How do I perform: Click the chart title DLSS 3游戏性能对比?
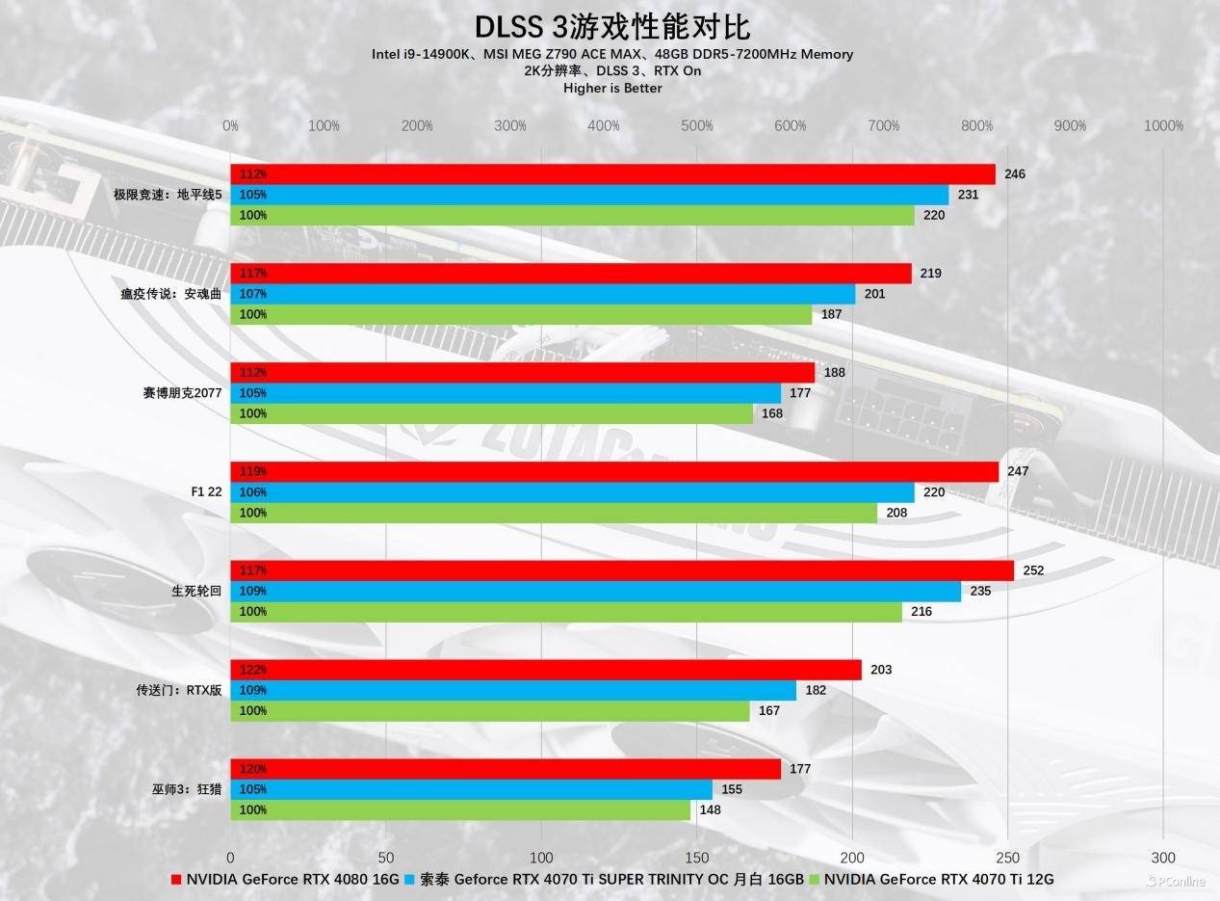point(611,26)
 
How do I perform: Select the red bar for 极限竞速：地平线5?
point(612,174)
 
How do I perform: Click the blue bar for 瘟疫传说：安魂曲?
point(542,294)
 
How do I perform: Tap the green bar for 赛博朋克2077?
point(491,413)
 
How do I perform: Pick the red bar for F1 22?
point(614,471)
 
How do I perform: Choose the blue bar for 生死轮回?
point(595,591)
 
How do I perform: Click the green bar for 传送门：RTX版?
point(489,711)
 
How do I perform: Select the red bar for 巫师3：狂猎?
point(506,769)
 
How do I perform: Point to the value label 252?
point(1033,570)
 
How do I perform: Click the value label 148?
point(710,810)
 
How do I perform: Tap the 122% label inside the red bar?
point(253,670)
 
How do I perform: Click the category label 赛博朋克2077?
point(182,393)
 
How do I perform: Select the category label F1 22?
point(206,492)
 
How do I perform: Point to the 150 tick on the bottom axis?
point(697,858)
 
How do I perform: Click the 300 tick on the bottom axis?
point(1162,858)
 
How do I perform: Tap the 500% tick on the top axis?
point(696,126)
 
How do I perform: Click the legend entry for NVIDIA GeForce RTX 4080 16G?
point(285,879)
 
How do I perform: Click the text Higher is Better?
point(612,88)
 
